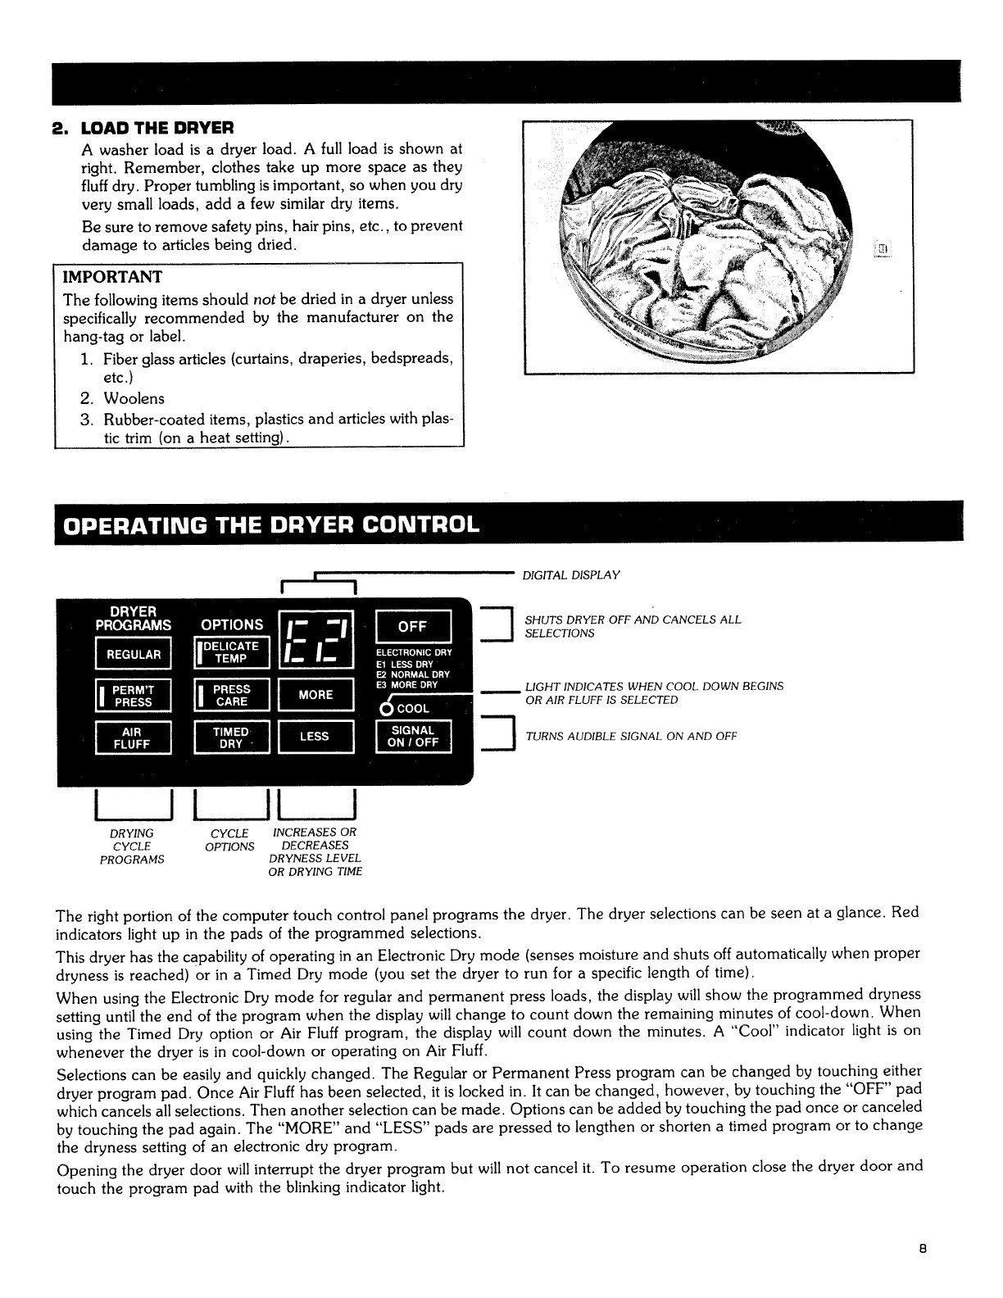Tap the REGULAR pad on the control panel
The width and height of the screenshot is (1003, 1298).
(x=133, y=654)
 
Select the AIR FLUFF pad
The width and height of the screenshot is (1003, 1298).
(x=133, y=737)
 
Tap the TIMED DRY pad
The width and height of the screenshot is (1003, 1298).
(x=231, y=737)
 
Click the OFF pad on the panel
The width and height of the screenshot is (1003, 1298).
(x=412, y=627)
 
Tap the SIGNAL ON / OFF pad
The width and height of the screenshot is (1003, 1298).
(x=412, y=737)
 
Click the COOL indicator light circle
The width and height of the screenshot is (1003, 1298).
(x=384, y=709)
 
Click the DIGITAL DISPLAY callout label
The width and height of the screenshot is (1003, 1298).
(x=571, y=574)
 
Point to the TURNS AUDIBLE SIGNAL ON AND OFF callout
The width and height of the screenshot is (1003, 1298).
(x=631, y=736)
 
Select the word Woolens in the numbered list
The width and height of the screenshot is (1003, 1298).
(x=134, y=398)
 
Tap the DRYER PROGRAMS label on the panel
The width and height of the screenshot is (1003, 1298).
(x=134, y=617)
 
